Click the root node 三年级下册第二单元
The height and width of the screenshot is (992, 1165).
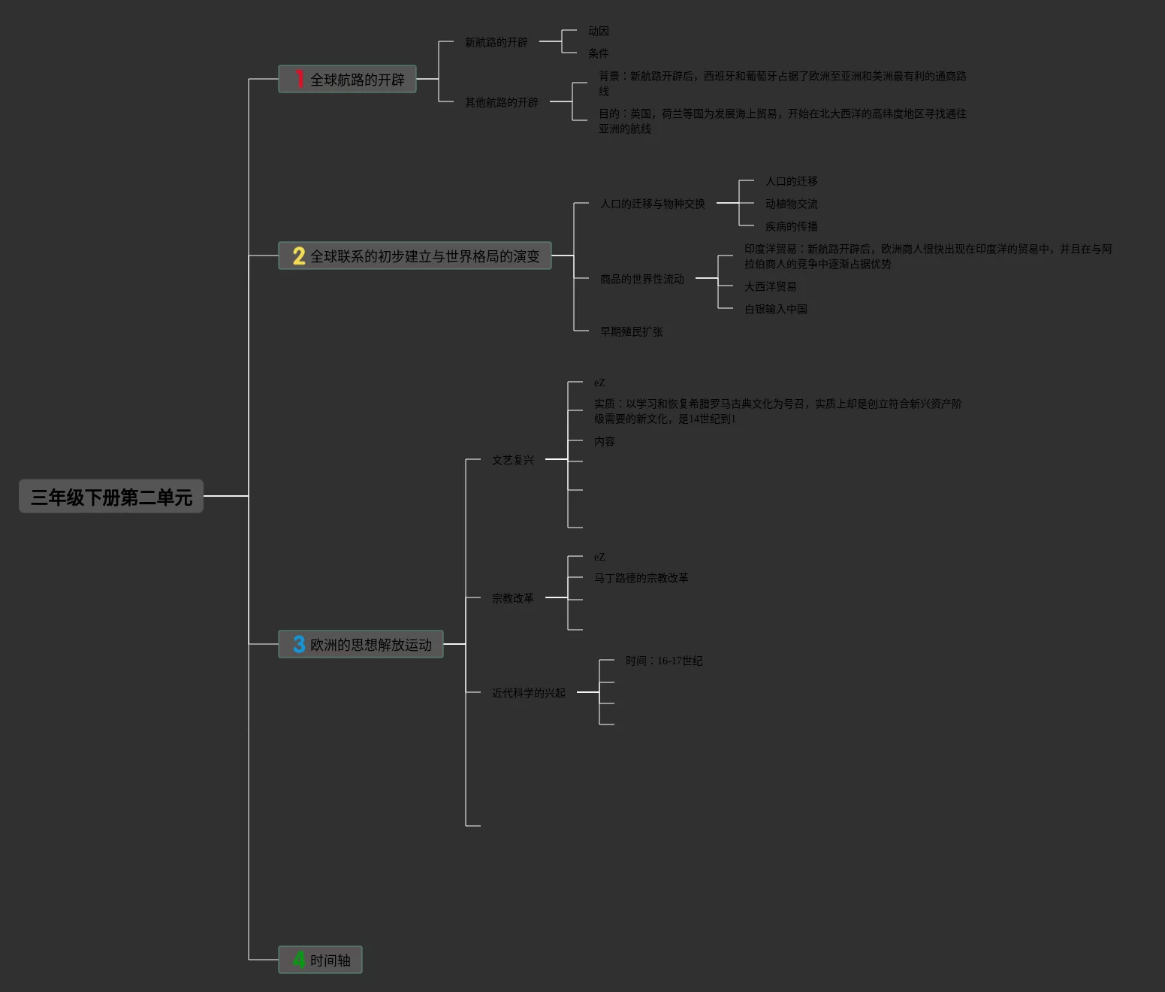[x=111, y=497]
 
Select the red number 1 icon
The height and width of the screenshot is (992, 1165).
[x=299, y=79]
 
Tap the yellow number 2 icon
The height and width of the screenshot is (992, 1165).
[x=299, y=256]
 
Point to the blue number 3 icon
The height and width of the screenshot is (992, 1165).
[x=299, y=644]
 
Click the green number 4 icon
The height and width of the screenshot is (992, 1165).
[x=299, y=960]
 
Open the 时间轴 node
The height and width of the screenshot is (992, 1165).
[x=330, y=960]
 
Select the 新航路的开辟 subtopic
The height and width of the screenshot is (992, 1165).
[x=496, y=42]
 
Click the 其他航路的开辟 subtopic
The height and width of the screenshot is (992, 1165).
[x=501, y=102]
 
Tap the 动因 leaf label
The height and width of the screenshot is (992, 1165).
[x=598, y=31]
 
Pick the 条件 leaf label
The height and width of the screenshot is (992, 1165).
[x=598, y=53]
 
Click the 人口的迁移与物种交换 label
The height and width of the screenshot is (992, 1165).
[x=652, y=204]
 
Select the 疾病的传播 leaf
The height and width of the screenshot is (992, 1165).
[x=791, y=226]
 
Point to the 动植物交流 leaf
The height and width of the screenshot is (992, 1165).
[x=791, y=204]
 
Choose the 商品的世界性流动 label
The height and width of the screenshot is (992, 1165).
[x=641, y=279]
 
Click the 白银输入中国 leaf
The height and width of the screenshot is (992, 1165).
[x=775, y=309]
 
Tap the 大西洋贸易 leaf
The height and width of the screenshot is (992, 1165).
[x=770, y=286]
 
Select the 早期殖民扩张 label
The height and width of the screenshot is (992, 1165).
[x=631, y=331]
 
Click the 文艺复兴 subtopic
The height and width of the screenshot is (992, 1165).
[x=512, y=460]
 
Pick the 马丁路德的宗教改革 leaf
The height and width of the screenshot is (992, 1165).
[x=641, y=578]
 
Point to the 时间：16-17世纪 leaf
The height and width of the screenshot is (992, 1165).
[x=663, y=661]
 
